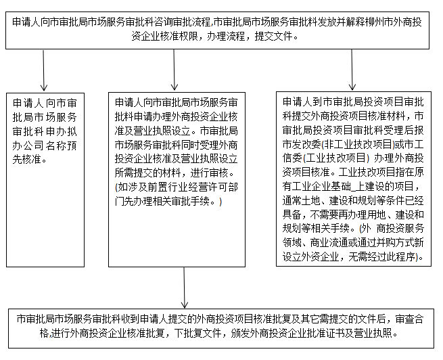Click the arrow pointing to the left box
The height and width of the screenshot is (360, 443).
click(x=43, y=70)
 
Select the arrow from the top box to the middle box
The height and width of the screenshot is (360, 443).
click(x=174, y=70)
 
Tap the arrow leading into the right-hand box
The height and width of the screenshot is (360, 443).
click(x=352, y=70)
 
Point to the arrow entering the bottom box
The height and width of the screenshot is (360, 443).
click(x=184, y=288)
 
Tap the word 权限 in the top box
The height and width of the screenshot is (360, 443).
click(x=189, y=36)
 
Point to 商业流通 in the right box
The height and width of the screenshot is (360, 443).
click(x=329, y=242)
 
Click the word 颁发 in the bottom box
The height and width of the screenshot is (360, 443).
click(x=240, y=334)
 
